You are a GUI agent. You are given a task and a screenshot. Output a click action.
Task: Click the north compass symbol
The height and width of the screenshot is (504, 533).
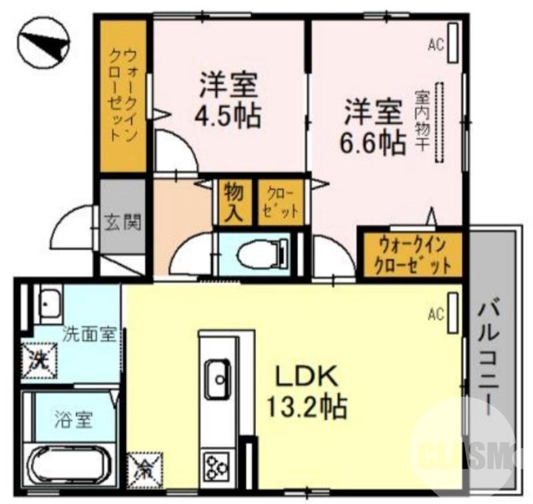pos(42,45)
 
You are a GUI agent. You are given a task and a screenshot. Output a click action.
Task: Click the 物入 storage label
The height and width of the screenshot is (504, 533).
pos(234,202)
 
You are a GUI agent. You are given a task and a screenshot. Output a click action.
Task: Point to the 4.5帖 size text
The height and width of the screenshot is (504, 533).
pos(227,116)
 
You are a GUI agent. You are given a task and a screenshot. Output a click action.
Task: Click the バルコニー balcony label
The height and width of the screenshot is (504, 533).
pos(492,360)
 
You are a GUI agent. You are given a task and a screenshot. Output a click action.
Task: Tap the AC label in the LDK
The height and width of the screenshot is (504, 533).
pos(436,312)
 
